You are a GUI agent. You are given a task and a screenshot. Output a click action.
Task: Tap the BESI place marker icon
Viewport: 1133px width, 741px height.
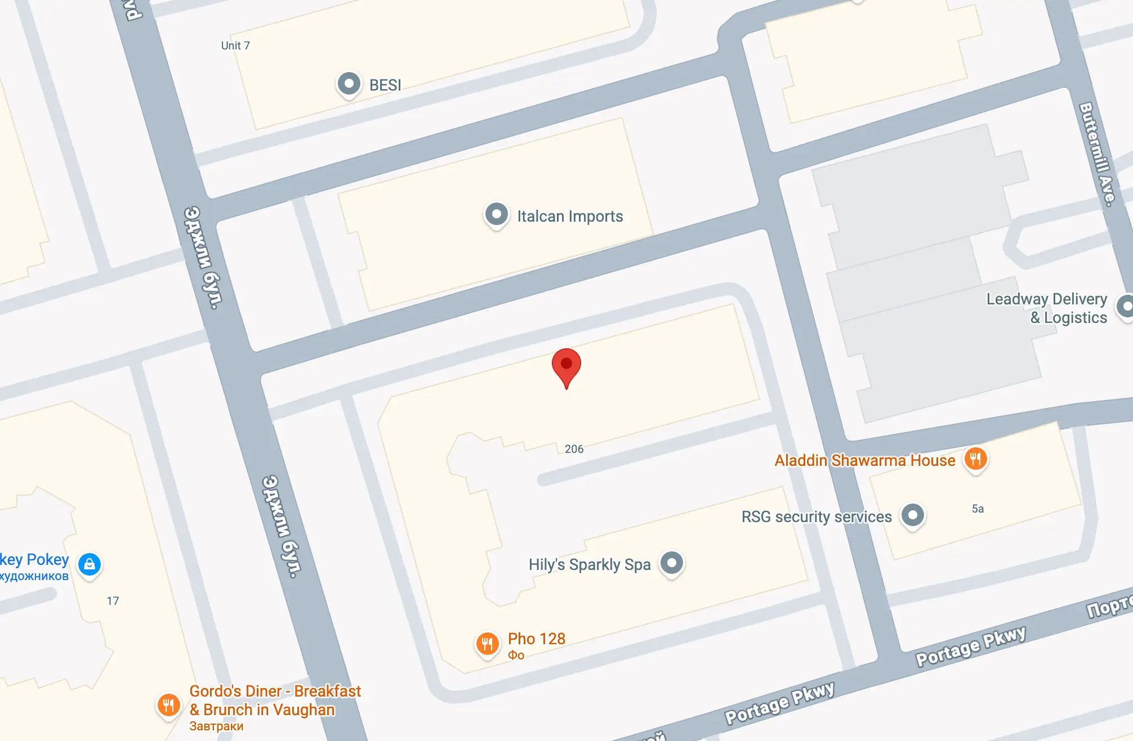pyautogui.click(x=349, y=84)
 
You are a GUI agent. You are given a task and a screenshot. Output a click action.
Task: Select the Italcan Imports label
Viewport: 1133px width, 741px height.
pyautogui.click(x=570, y=216)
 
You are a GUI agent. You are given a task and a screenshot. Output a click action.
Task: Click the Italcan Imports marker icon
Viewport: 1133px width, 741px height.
pyautogui.click(x=496, y=215)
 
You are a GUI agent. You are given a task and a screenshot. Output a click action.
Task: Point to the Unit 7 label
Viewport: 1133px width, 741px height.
pyautogui.click(x=235, y=46)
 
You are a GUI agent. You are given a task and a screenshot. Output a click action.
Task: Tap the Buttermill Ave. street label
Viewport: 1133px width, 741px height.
pyautogui.click(x=1096, y=154)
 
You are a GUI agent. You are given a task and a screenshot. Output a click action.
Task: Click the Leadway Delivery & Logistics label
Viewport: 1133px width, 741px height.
pyautogui.click(x=1047, y=308)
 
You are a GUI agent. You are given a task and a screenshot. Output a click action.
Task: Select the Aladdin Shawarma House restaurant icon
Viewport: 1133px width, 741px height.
pyautogui.click(x=975, y=459)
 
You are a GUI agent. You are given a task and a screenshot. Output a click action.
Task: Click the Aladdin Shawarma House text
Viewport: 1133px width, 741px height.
pyautogui.click(x=864, y=460)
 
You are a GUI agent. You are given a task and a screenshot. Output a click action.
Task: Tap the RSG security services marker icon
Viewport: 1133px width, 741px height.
pyautogui.click(x=912, y=515)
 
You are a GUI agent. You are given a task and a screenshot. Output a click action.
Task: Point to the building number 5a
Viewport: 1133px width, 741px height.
pyautogui.click(x=978, y=509)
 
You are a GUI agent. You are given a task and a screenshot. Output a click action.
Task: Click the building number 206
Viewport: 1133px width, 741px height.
pyautogui.click(x=574, y=449)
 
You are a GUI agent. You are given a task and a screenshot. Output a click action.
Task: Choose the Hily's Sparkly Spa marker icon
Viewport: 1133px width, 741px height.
pyautogui.click(x=671, y=563)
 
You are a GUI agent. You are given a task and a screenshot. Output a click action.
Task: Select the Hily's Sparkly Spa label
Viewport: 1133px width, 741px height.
pyautogui.click(x=589, y=564)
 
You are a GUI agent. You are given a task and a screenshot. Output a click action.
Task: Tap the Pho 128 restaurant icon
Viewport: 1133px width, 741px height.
pyautogui.click(x=487, y=643)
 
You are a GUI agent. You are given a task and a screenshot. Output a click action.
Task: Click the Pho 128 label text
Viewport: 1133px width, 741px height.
pyautogui.click(x=536, y=639)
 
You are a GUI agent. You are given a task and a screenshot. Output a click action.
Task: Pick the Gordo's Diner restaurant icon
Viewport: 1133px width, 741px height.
pyautogui.click(x=168, y=704)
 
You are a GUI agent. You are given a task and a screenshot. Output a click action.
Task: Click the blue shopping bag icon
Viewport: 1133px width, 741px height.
pyautogui.click(x=90, y=564)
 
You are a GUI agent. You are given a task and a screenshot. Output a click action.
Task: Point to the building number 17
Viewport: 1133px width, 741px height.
pyautogui.click(x=113, y=601)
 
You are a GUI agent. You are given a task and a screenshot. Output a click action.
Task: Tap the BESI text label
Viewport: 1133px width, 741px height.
pyautogui.click(x=385, y=85)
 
